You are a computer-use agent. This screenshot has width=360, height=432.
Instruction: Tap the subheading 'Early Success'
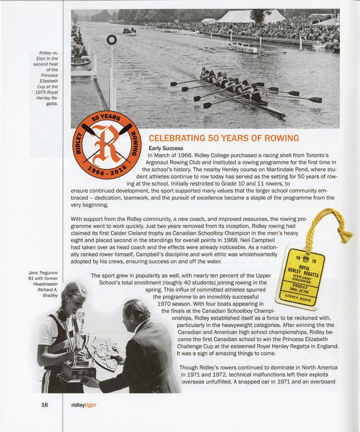(166, 149)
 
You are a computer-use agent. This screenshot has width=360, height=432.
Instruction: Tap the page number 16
(44, 405)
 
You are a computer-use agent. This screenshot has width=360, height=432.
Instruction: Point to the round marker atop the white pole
(112, 39)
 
